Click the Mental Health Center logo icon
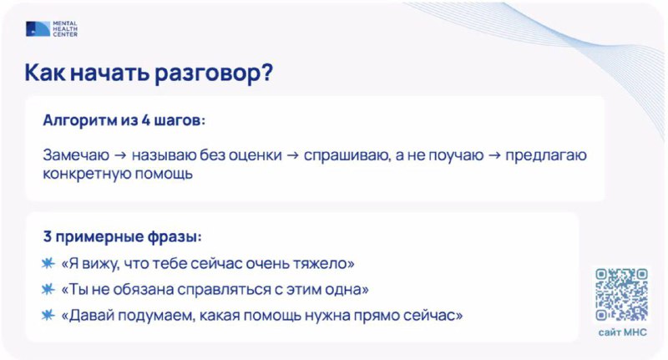(x=38, y=28)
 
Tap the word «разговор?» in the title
(x=214, y=74)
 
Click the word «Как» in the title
(x=45, y=73)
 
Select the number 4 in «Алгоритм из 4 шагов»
(x=145, y=120)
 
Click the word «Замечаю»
(x=76, y=155)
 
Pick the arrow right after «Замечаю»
(x=120, y=155)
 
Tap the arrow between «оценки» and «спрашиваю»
(x=293, y=155)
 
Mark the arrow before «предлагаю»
(x=494, y=155)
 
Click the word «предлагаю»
(x=546, y=156)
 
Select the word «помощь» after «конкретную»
(x=164, y=174)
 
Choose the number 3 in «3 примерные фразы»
(x=48, y=236)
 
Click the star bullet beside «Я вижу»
(x=48, y=263)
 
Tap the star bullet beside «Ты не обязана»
(x=48, y=289)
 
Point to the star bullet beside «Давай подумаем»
(x=48, y=315)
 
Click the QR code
(x=621, y=294)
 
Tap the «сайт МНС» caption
(x=622, y=332)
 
